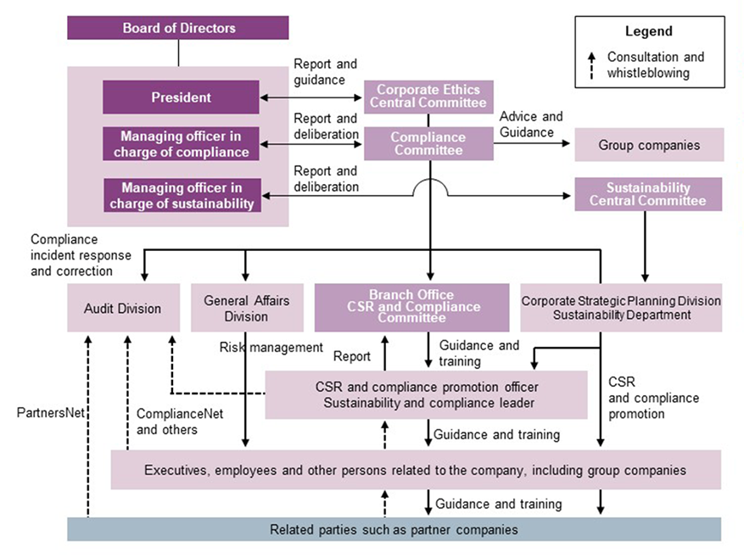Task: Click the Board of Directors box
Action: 179,28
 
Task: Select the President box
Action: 181,98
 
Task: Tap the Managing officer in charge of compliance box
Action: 181,144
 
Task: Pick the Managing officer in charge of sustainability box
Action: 181,195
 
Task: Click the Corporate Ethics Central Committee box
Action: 428,97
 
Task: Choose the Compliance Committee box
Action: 428,143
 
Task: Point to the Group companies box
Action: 649,145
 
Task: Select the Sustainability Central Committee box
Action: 648,194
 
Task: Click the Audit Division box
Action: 123,308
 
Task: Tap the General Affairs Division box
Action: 246,308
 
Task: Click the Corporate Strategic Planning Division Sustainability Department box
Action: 621,308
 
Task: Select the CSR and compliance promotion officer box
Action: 426,394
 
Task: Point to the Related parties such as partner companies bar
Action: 394,529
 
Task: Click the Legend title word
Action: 649,31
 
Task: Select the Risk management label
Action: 271,347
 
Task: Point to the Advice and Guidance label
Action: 531,124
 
